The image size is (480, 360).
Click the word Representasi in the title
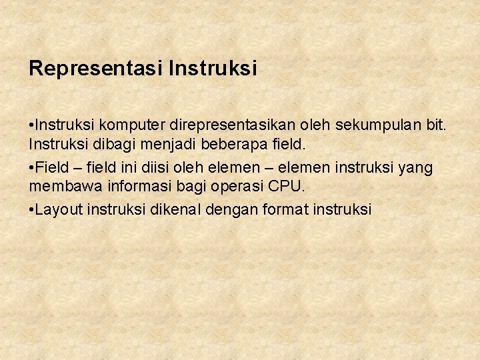[x=97, y=69]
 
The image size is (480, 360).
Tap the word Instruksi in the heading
[x=213, y=69]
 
